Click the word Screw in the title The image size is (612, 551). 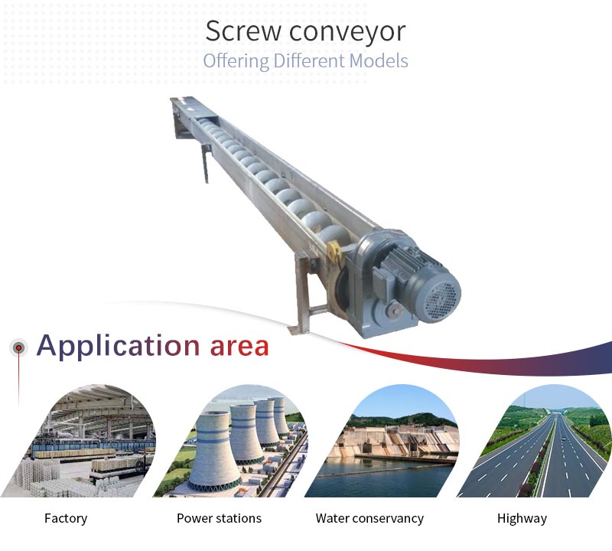point(243,31)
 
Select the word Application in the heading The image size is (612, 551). point(118,347)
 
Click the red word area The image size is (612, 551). point(239,347)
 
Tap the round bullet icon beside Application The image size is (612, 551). point(18,347)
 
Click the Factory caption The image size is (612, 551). point(66,519)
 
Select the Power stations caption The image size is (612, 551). point(219,518)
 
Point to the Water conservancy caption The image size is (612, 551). point(369,519)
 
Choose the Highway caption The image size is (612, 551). point(522,519)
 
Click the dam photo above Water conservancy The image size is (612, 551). point(386,442)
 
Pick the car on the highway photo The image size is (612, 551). point(562,439)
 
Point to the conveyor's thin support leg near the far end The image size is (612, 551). point(205,163)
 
